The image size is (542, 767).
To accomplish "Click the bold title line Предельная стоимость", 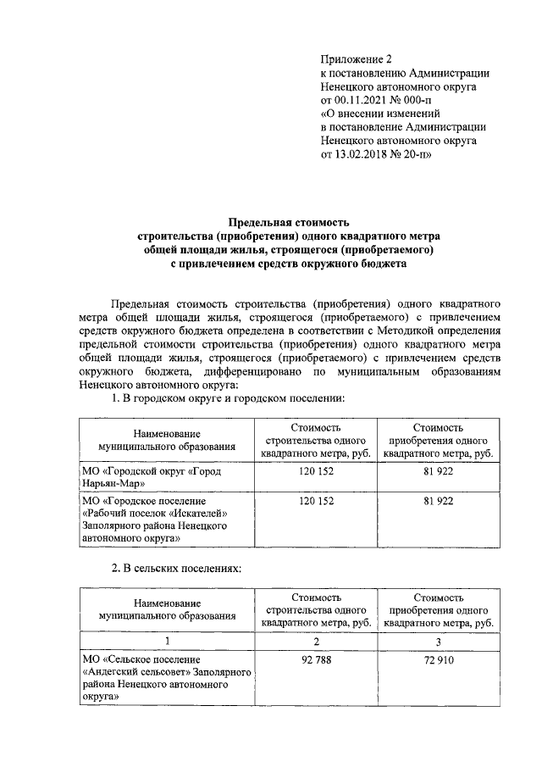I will click(293, 222).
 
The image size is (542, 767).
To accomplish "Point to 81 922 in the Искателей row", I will click(438, 502).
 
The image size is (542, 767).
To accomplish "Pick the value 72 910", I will click(438, 658).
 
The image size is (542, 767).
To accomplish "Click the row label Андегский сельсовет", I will click(141, 671).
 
